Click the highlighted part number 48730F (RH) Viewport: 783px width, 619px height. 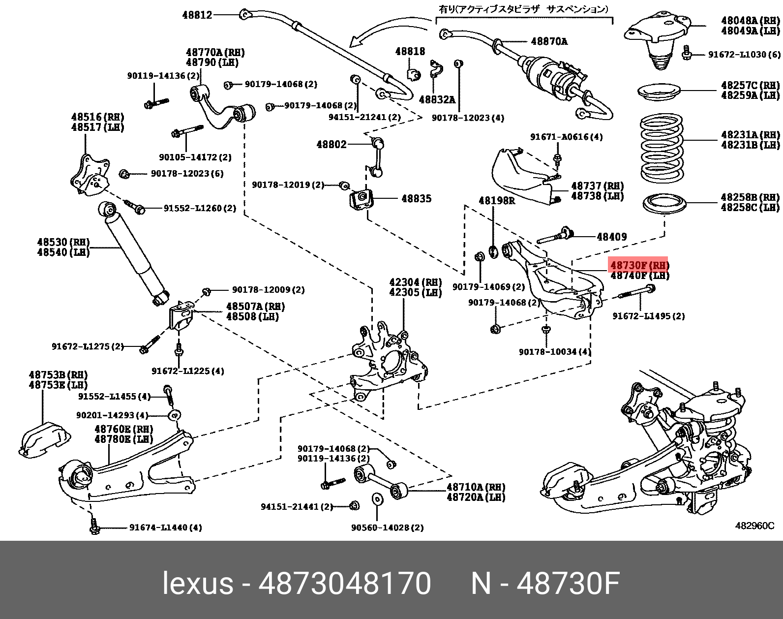[x=638, y=265]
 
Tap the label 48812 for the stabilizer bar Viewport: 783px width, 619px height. [x=197, y=15]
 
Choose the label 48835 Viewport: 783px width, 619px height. [x=416, y=198]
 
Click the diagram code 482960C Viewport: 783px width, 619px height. [x=754, y=526]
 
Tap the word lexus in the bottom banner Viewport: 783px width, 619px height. [x=197, y=584]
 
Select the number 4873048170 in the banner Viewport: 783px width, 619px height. [x=344, y=584]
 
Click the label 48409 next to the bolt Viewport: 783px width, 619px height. [x=611, y=237]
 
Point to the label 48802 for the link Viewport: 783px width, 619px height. [x=331, y=144]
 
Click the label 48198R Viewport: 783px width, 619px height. [x=496, y=201]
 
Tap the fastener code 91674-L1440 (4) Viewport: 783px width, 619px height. [x=165, y=527]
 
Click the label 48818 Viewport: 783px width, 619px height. [x=410, y=51]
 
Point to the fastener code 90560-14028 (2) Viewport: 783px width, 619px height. [x=387, y=527]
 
